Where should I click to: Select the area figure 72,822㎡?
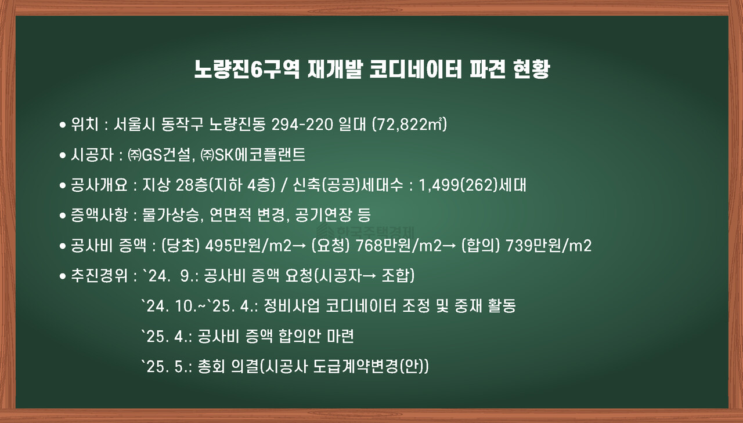409,124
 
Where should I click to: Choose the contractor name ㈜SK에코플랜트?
253,155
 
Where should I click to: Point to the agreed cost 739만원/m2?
549,246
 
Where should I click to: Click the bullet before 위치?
63,125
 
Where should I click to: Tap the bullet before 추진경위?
63,276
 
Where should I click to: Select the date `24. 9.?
171,276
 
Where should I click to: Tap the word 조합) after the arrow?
398,276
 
